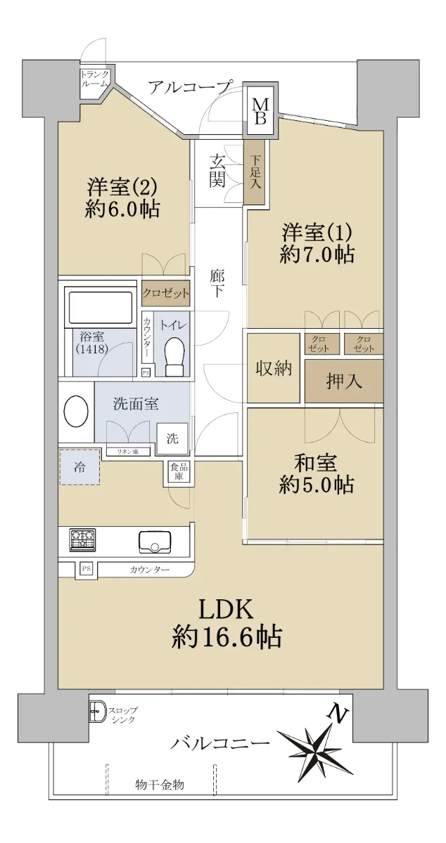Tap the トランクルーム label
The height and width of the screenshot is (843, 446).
coord(94,79)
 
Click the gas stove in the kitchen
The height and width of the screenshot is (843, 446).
coord(82,540)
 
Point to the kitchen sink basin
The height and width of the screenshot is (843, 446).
coord(155,542)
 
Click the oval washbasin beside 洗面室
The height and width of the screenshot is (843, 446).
coord(76,412)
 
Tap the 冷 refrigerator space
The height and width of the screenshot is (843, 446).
coord(80,466)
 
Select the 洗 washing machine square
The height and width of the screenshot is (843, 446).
coord(172,438)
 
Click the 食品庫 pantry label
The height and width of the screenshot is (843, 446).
coord(179,471)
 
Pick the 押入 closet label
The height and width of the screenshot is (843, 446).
coord(344,381)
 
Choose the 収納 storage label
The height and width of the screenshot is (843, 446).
coord(274,368)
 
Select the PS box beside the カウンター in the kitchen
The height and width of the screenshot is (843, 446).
coord(87,568)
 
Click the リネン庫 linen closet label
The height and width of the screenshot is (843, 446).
coord(128,452)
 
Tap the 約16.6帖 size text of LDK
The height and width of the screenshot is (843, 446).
coord(227,636)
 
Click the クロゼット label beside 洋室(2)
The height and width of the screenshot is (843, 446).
coord(166,293)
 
